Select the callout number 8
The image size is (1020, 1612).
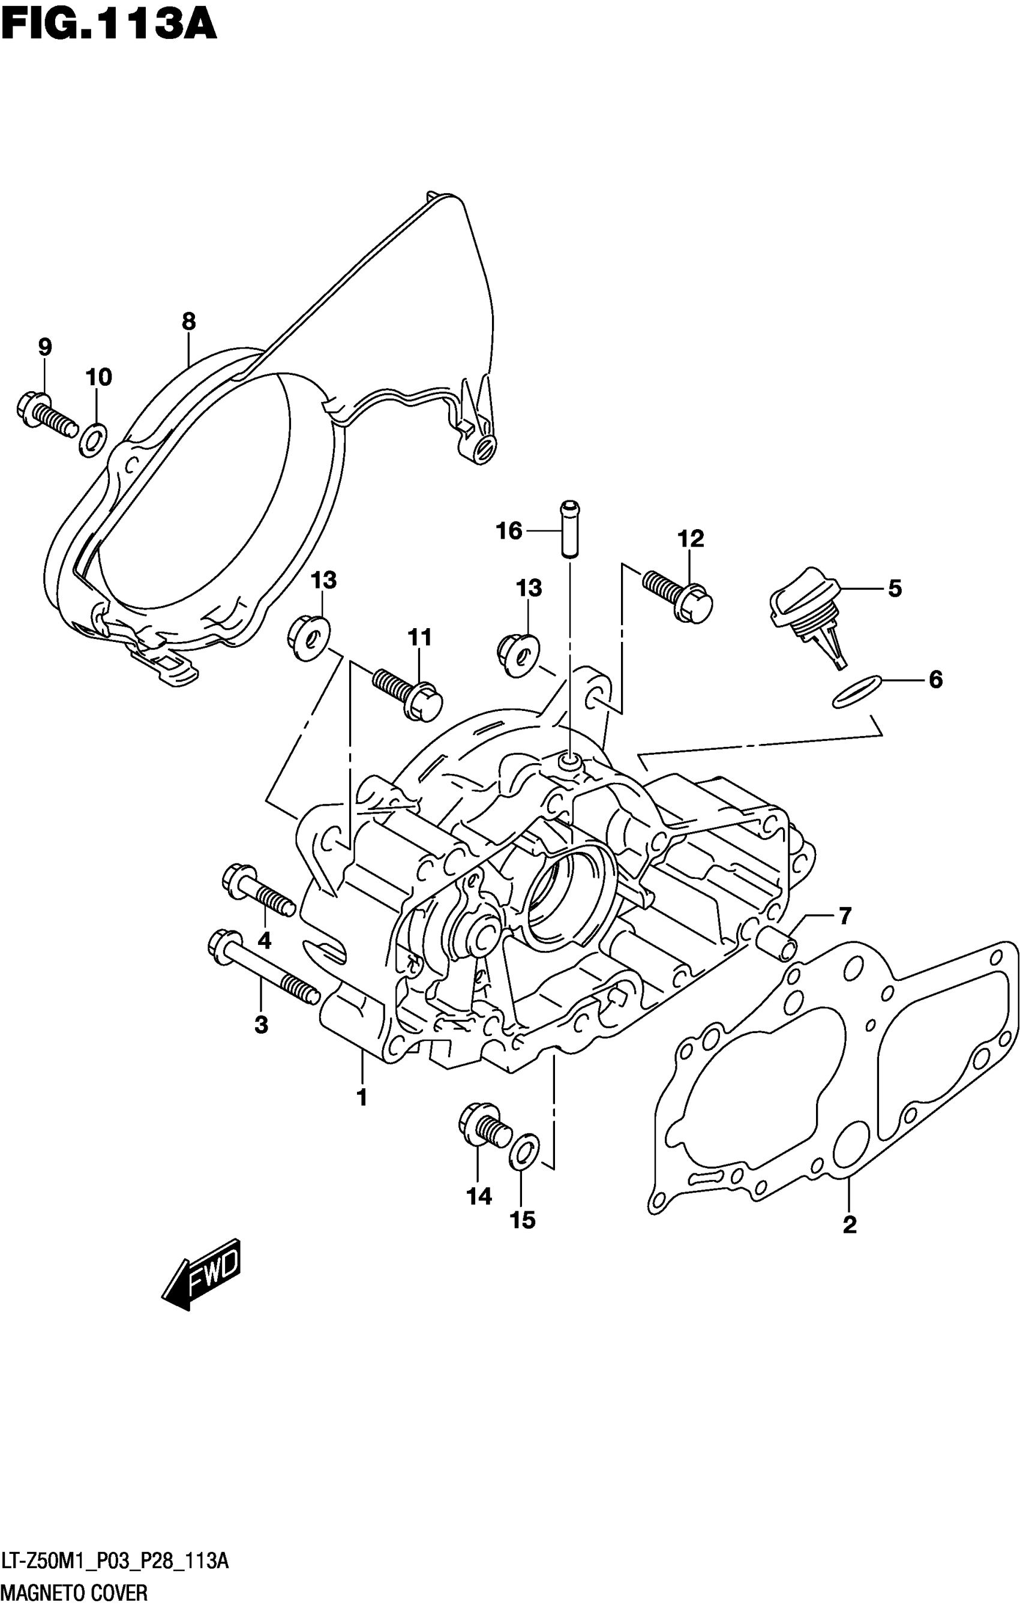tap(189, 322)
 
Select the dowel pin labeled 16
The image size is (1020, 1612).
tap(569, 529)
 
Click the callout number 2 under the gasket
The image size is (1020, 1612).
tap(849, 1225)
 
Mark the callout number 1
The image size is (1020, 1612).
tap(362, 1098)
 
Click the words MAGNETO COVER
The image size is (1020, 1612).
tap(74, 1592)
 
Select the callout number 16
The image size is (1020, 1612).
tap(509, 531)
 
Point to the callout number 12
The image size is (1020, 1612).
tap(691, 539)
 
